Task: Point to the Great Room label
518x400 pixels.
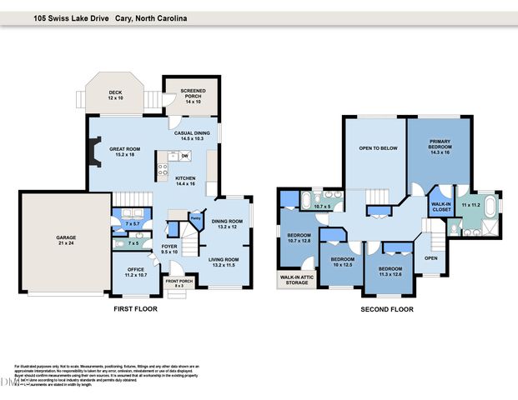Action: (x=123, y=151)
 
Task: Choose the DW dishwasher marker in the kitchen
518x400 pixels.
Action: (x=184, y=156)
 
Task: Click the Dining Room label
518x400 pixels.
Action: (x=228, y=223)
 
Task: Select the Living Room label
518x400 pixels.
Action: (x=227, y=262)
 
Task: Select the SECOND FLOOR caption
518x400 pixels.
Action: (x=386, y=309)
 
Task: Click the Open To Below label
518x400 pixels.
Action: (x=377, y=148)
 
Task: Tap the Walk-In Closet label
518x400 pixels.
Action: (x=440, y=206)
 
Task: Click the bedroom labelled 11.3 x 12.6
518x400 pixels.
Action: (x=390, y=272)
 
